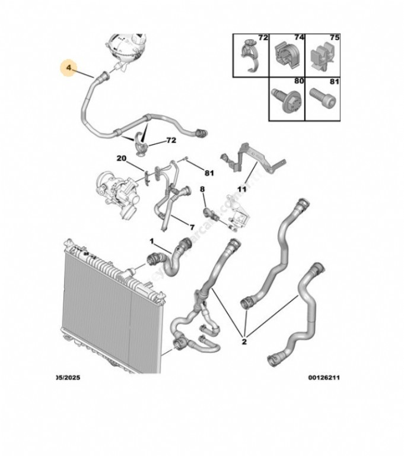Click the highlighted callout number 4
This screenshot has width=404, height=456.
point(69,69)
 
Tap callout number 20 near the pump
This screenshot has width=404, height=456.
point(121,159)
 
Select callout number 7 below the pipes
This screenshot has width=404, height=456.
point(192,227)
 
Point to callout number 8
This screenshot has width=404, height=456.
point(202,189)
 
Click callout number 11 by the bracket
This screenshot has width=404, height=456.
point(241,189)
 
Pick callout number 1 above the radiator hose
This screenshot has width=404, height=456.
point(151,241)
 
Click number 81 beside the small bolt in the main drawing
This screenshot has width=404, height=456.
point(208,173)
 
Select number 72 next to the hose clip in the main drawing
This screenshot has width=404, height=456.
point(171,141)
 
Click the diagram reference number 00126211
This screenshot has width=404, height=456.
point(323,378)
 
